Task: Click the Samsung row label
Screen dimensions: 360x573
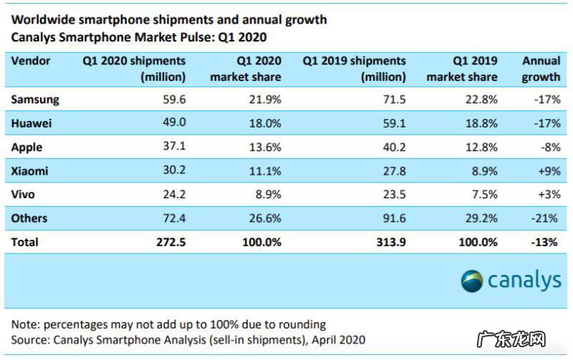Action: pyautogui.click(x=35, y=99)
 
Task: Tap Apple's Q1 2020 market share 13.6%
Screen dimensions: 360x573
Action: pyautogui.click(x=266, y=147)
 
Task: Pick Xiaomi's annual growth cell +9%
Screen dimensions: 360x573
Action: pyautogui.click(x=546, y=170)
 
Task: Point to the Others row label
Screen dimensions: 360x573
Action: pyautogui.click(x=30, y=218)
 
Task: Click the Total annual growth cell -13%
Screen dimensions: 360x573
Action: pyautogui.click(x=545, y=242)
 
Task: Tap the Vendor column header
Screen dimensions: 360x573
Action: pyautogui.click(x=31, y=61)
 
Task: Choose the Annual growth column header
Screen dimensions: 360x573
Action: pyautogui.click(x=541, y=69)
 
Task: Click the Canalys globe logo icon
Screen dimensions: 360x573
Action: pyautogui.click(x=472, y=281)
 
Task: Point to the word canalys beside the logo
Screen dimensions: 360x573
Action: pyautogui.click(x=525, y=281)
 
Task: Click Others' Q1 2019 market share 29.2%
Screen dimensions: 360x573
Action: pyautogui.click(x=482, y=218)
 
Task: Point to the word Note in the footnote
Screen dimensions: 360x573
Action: pyautogui.click(x=25, y=324)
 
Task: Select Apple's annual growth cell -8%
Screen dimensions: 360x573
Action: pyautogui.click(x=548, y=147)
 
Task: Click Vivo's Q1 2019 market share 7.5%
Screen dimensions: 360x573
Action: pyautogui.click(x=485, y=194)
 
